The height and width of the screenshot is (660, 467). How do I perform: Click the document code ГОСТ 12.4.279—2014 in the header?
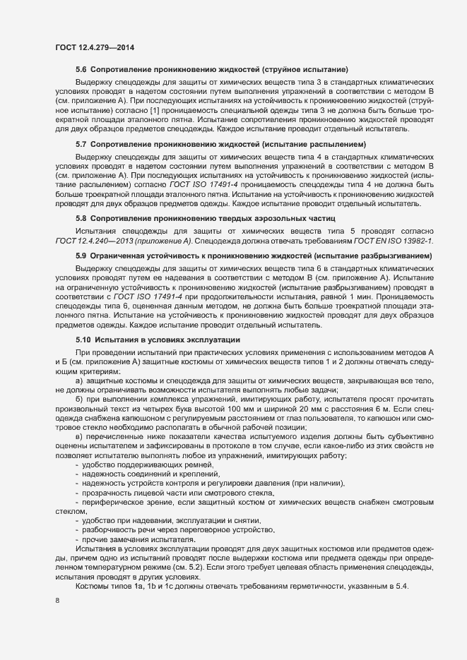pos(95,47)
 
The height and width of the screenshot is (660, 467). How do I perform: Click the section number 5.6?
pos(81,71)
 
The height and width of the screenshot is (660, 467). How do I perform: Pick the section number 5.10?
pos(83,339)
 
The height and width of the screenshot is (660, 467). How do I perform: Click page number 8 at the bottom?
pos(57,600)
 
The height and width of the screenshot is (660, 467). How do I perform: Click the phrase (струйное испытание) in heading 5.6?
pos(305,71)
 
